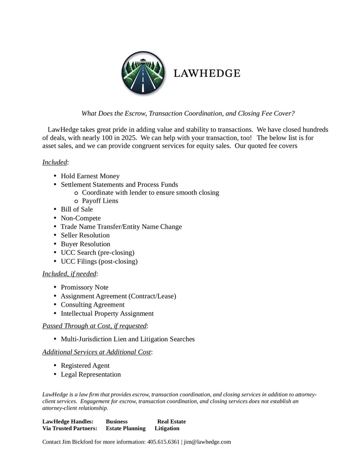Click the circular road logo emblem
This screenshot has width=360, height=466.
tap(144, 73)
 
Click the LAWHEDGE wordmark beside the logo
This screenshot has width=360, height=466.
tap(207, 73)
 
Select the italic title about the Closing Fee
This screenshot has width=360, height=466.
tap(188, 113)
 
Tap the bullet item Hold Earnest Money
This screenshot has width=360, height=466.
tap(90, 176)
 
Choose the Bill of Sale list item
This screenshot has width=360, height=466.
tap(76, 209)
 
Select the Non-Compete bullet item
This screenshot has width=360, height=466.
tap(81, 218)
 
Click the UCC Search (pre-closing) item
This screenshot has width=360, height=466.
tap(97, 253)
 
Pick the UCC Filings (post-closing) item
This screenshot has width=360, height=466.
tap(99, 261)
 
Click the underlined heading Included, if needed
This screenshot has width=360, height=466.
tap(69, 274)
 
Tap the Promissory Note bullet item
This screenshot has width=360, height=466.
tap(84, 287)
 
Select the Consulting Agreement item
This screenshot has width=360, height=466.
tap(92, 305)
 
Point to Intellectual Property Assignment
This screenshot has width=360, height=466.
tap(107, 313)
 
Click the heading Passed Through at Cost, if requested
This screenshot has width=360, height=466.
tap(94, 326)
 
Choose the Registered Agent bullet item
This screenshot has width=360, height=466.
tap(85, 366)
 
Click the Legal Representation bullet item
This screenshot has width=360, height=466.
tap(90, 375)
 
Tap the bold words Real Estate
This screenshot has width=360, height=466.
tap(171, 421)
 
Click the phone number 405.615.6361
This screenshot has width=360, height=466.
tap(163, 442)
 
